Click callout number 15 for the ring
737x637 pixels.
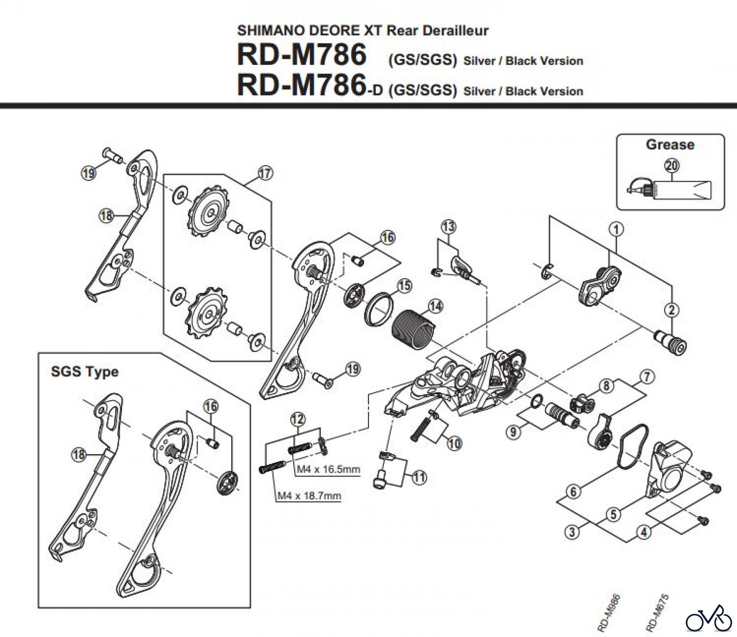tap(405, 285)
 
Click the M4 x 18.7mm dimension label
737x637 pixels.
tap(309, 496)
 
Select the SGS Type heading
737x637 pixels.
tap(84, 371)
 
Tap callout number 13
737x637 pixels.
tap(448, 226)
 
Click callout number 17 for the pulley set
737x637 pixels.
tap(265, 173)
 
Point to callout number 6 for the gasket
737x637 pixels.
tap(573, 491)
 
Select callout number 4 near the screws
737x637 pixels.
tap(644, 532)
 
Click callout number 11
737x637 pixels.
tap(420, 477)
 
